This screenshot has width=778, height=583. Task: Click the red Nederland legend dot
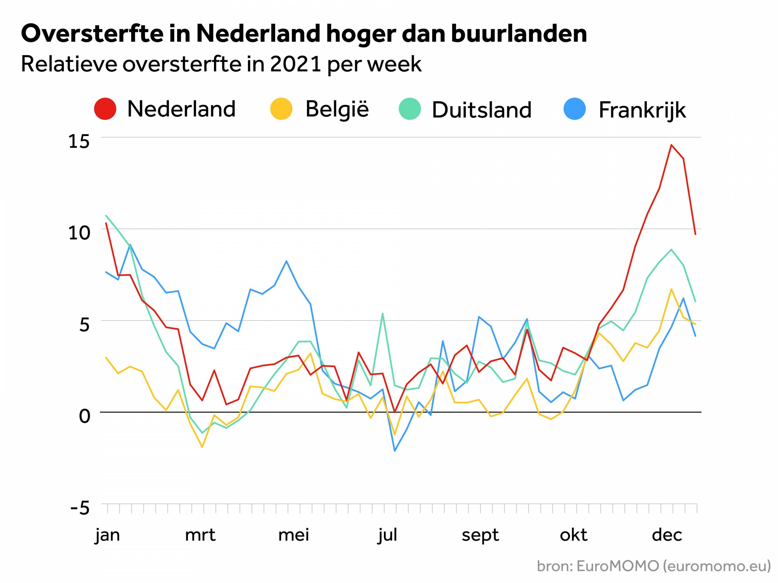(x=105, y=109)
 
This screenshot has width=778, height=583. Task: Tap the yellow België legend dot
(x=281, y=109)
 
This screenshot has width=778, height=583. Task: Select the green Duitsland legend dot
(x=410, y=109)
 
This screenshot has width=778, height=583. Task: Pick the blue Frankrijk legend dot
(x=575, y=109)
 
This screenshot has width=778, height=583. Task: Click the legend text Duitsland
(x=481, y=110)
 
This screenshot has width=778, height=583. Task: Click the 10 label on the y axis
(x=79, y=233)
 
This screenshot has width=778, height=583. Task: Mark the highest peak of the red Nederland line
(x=671, y=145)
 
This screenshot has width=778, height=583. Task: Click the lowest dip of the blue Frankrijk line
(x=395, y=451)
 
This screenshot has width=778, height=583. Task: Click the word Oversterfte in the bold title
(x=92, y=34)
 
